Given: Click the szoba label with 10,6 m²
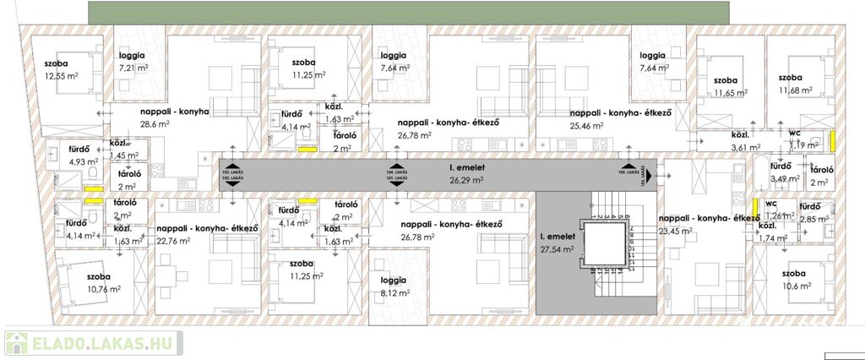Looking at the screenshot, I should point(797,274).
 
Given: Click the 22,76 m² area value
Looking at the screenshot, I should point(175,239).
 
